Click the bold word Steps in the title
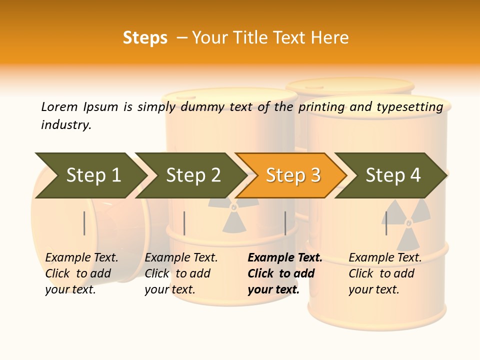point(145,38)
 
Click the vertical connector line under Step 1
point(84,223)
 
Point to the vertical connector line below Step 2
point(184,223)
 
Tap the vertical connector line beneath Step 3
point(285,223)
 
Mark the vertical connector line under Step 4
point(386,223)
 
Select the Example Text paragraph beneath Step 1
point(81,273)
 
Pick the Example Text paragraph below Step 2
point(181,273)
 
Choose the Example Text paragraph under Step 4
point(385,273)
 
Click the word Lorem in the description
point(59,106)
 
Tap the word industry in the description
point(66,125)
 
